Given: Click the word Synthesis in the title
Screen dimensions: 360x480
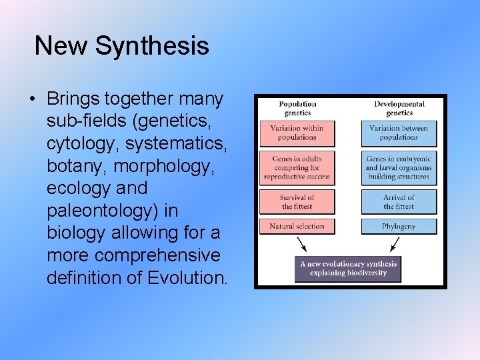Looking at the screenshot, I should pyautogui.click(x=152, y=46).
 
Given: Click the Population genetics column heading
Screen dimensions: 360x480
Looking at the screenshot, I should pyautogui.click(x=297, y=108).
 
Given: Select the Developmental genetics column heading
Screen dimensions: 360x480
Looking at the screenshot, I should pyautogui.click(x=399, y=108).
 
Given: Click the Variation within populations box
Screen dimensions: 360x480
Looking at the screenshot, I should pyautogui.click(x=297, y=133).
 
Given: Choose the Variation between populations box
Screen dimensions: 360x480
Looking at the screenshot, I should pyautogui.click(x=399, y=133).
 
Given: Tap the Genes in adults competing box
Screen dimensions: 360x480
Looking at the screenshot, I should pyautogui.click(x=297, y=168).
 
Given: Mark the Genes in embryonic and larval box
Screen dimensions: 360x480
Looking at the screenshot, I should pyautogui.click(x=399, y=168).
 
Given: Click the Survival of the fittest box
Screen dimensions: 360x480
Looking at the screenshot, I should pyautogui.click(x=297, y=202).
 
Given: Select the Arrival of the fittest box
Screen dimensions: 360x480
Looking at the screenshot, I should pyautogui.click(x=399, y=202).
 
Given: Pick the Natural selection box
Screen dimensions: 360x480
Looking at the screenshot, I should pyautogui.click(x=297, y=227).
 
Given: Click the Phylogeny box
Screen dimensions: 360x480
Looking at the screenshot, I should pyautogui.click(x=399, y=227).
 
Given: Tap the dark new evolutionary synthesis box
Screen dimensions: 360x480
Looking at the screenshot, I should pyautogui.click(x=348, y=268).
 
